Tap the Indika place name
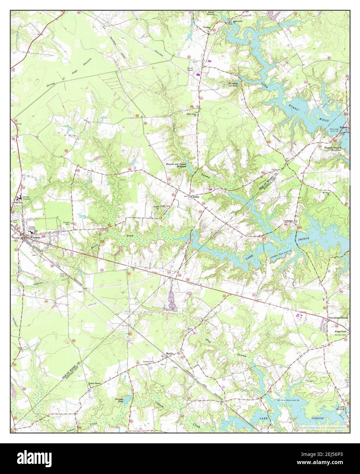(196, 197)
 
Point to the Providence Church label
(338, 318)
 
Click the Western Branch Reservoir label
(332, 149)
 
